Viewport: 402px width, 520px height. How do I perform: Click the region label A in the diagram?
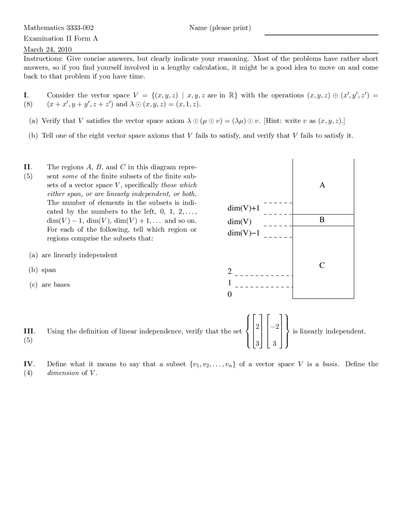(x=322, y=185)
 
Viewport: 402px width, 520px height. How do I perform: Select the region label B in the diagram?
(x=322, y=220)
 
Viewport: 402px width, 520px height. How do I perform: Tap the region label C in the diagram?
(x=322, y=265)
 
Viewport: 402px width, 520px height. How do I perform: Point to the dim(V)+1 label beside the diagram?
(x=244, y=208)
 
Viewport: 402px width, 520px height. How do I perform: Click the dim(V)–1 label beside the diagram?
(x=244, y=233)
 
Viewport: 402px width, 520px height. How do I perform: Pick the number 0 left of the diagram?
(x=229, y=295)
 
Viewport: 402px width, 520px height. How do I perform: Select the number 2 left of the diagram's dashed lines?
(x=229, y=271)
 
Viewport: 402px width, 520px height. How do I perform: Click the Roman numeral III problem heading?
(x=30, y=331)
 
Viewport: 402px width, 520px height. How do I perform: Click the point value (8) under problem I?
(x=28, y=104)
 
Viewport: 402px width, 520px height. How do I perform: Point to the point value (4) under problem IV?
(x=28, y=373)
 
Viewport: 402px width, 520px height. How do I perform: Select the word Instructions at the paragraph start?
(x=43, y=59)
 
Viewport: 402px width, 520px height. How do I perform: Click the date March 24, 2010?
(x=48, y=49)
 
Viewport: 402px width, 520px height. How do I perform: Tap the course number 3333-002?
(x=80, y=28)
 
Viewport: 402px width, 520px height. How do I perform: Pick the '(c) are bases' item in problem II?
(x=50, y=285)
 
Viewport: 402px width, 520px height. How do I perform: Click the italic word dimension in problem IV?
(x=63, y=373)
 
